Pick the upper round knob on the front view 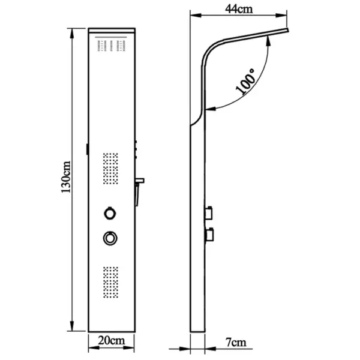[x=110, y=212]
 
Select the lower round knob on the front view [x=110, y=238]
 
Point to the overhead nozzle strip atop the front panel [x=110, y=46]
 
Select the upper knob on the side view [x=210, y=212]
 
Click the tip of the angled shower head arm [x=287, y=29]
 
